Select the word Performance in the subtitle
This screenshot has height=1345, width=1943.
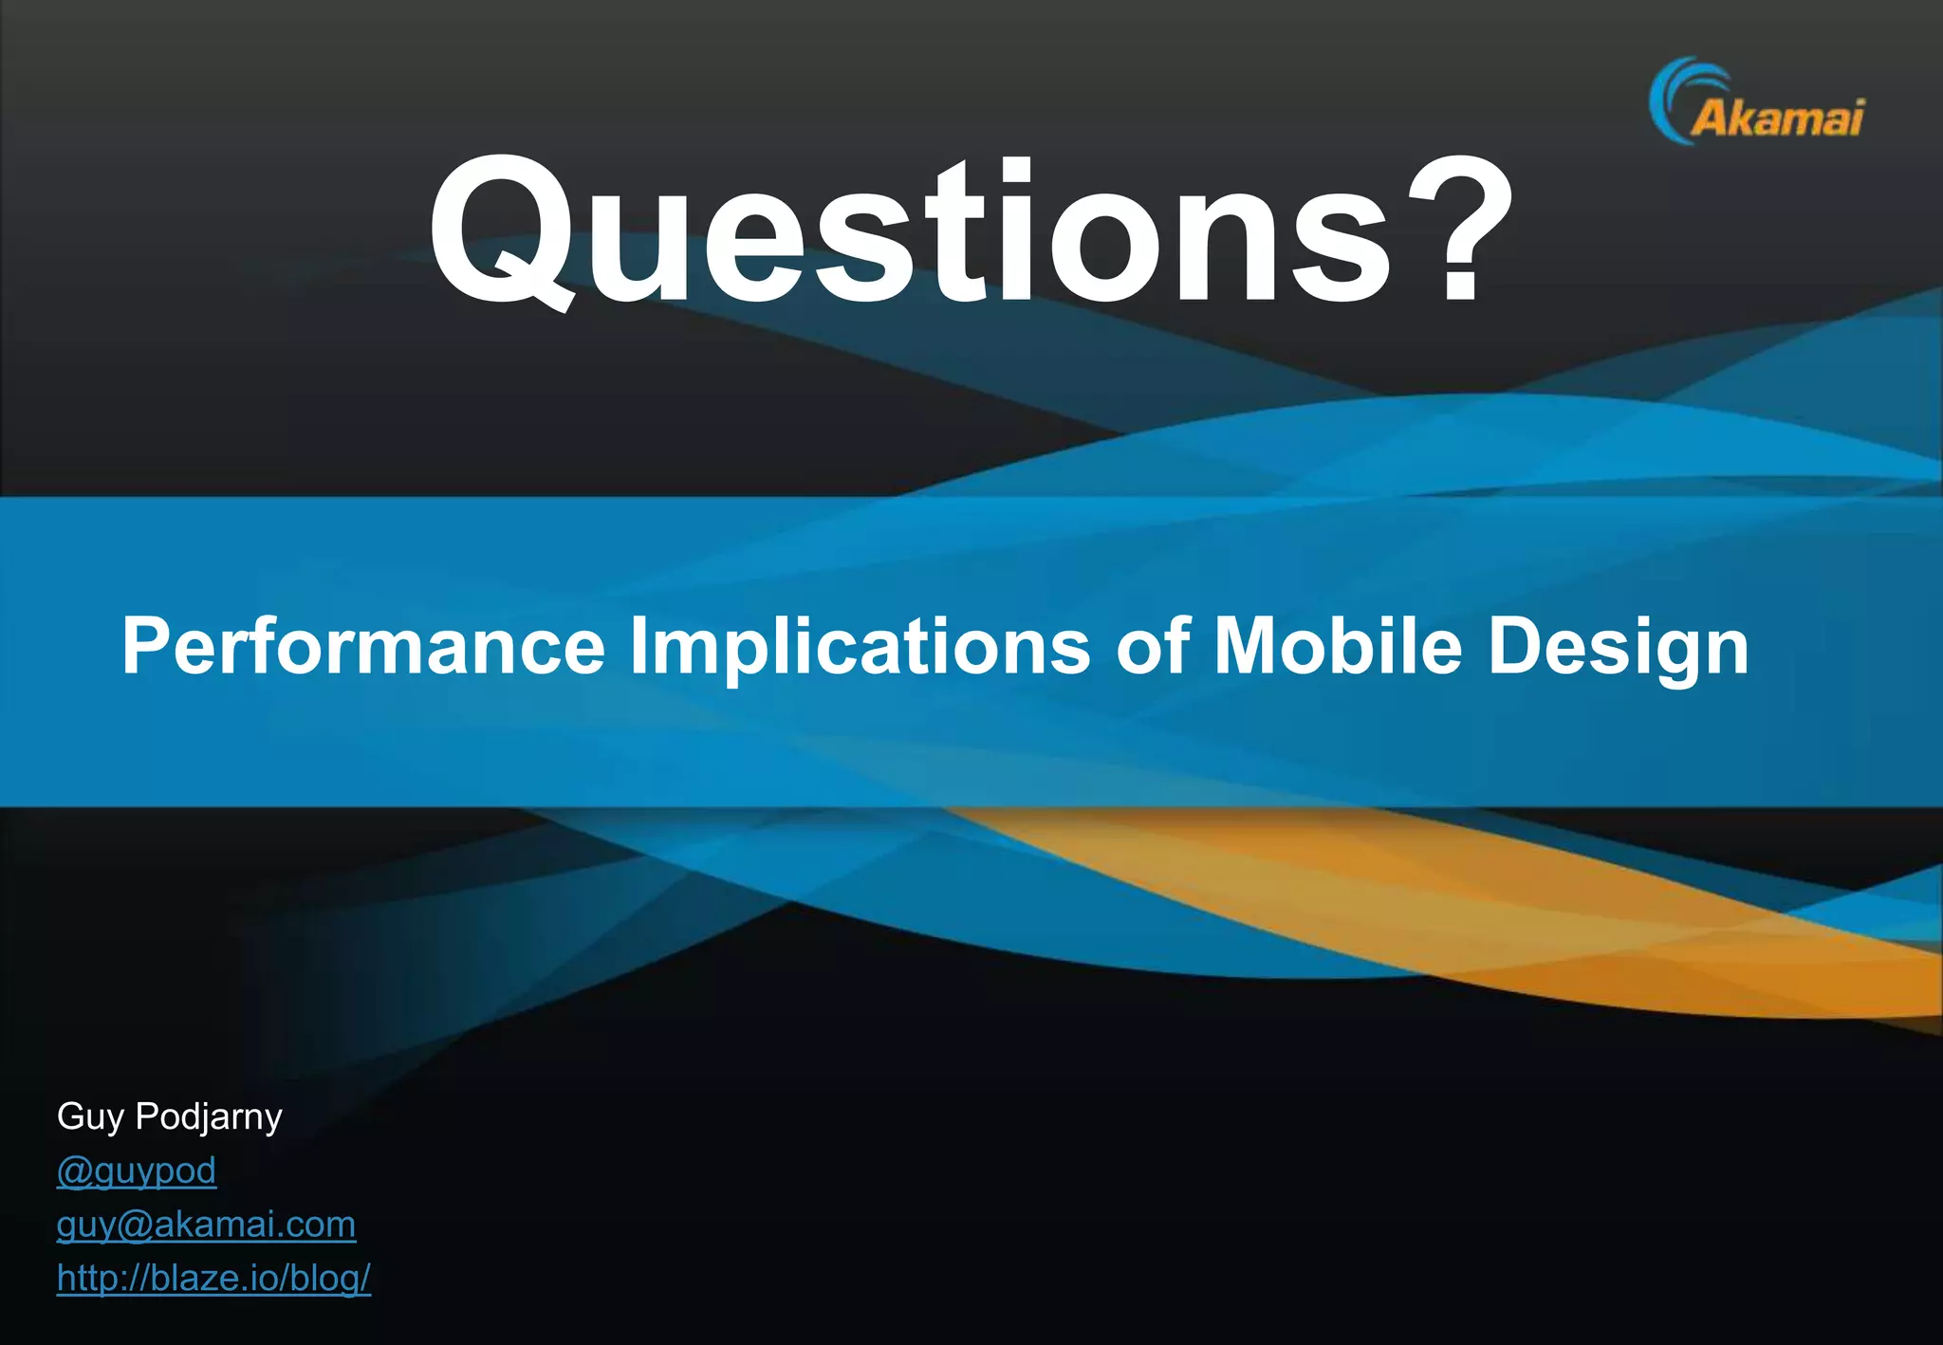363,647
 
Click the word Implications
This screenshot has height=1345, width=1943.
860,647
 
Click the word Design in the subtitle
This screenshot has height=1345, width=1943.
1619,647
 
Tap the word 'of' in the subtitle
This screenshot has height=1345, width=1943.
1153,647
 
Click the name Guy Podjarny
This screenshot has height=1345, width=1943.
170,1117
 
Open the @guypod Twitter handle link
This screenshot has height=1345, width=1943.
137,1170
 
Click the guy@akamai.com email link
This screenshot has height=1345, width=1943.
206,1225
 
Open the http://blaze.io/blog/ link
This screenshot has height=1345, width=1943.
213,1279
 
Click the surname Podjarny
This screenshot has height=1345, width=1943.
209,1117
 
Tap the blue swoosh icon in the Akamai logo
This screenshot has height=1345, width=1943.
1675,95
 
